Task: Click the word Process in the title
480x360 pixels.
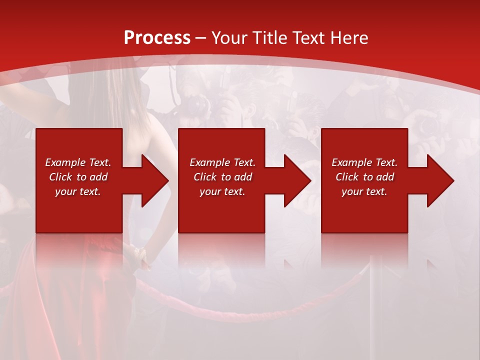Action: tap(157, 38)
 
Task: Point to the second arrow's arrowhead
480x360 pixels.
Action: tap(297, 180)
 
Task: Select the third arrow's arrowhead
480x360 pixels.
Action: tap(440, 180)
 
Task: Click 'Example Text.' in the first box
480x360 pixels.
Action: tap(78, 162)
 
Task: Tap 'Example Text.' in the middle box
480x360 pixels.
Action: tap(222, 162)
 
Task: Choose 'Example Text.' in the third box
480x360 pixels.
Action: tap(364, 162)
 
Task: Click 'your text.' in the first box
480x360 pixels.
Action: tap(78, 191)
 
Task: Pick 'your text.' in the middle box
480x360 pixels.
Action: tap(222, 191)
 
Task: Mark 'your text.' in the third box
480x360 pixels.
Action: tap(364, 191)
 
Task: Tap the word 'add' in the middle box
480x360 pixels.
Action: tap(243, 177)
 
